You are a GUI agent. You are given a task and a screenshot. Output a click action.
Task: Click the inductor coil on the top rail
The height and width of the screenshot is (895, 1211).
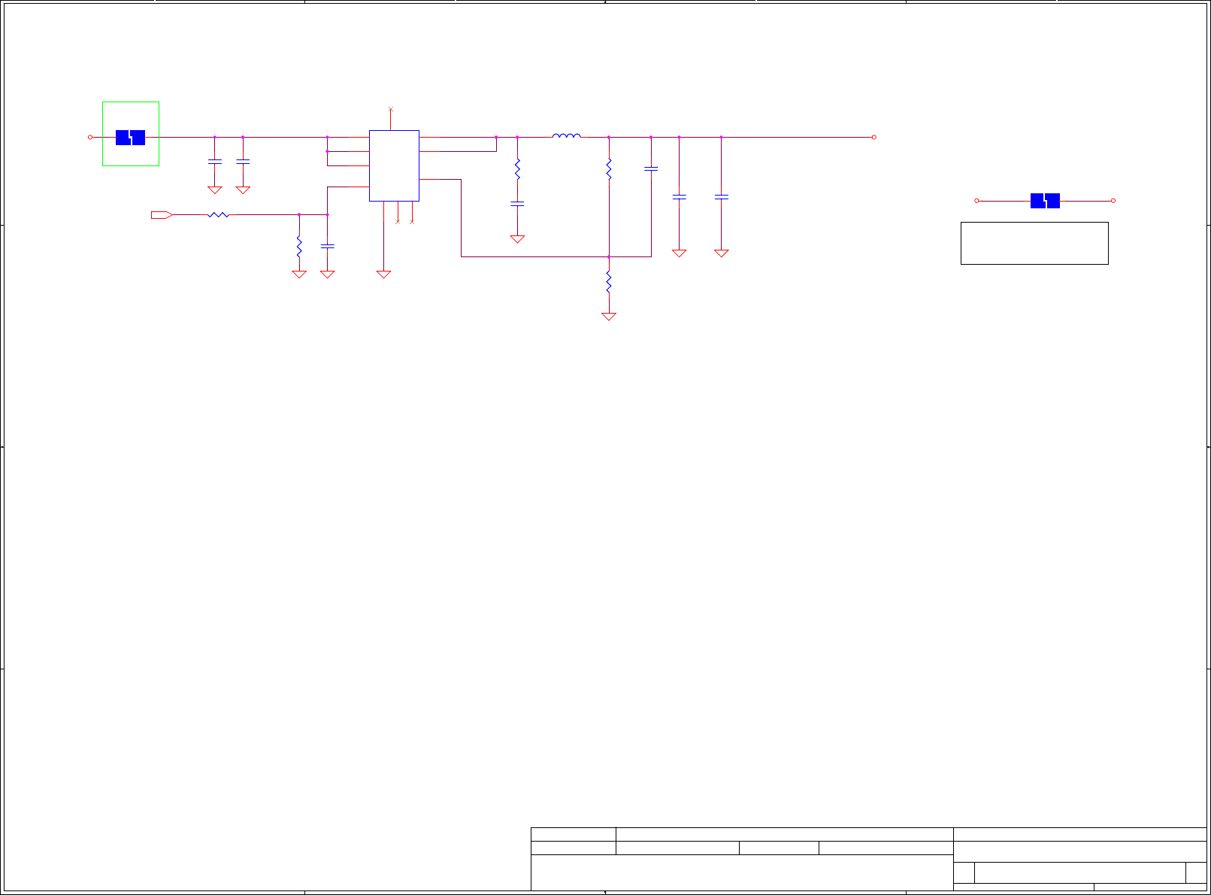(x=566, y=136)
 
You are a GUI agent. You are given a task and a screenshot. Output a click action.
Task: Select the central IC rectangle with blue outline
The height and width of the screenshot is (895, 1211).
(x=394, y=165)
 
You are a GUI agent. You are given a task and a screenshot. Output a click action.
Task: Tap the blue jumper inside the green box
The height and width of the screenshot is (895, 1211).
(x=130, y=138)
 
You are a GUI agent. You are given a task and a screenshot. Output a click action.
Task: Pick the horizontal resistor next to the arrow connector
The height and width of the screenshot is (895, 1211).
(x=218, y=215)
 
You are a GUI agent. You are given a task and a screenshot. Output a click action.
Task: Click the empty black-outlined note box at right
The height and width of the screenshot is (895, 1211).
(x=1034, y=243)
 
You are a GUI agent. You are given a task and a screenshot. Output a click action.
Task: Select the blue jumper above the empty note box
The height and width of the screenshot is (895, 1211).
(x=1044, y=201)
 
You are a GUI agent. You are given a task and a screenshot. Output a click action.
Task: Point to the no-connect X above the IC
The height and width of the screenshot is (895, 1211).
(x=390, y=110)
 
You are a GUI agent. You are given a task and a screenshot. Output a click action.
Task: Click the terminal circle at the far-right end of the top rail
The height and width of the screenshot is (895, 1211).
(x=873, y=137)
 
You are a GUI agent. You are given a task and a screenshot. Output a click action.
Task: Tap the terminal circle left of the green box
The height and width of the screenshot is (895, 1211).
(x=90, y=137)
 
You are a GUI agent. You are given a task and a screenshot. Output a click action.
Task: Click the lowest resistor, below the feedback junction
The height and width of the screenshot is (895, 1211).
(x=608, y=283)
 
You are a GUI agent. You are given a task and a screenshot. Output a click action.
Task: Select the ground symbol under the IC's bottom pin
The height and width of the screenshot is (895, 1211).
(x=383, y=275)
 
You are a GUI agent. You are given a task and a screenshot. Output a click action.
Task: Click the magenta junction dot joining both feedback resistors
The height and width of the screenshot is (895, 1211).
(x=608, y=256)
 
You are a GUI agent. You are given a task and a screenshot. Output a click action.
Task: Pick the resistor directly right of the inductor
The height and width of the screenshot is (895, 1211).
(x=608, y=168)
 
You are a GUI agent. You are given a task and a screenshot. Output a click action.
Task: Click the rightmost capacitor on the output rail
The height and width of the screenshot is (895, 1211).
(x=721, y=197)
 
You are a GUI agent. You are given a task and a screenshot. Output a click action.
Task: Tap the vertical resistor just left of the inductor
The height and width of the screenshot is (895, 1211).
(x=517, y=168)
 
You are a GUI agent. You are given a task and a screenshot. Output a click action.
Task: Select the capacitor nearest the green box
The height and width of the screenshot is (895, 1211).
(x=214, y=161)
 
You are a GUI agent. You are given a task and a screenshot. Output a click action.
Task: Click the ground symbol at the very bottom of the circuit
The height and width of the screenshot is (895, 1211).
(x=608, y=317)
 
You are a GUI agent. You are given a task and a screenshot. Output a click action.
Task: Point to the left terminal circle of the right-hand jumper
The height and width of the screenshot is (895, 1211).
(x=976, y=201)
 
